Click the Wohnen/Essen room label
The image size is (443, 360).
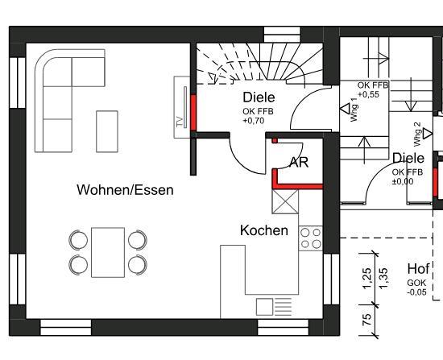pyautogui.click(x=125, y=190)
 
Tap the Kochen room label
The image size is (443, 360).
pyautogui.click(x=263, y=231)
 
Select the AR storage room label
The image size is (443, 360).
pyautogui.click(x=298, y=161)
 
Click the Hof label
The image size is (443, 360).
pyautogui.click(x=418, y=269)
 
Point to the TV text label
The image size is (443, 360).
pyautogui.click(x=179, y=122)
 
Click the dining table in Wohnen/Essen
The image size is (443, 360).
pyautogui.click(x=107, y=251)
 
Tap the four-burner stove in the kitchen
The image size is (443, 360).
pyautogui.click(x=310, y=238)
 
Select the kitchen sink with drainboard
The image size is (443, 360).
pyautogui.click(x=274, y=306)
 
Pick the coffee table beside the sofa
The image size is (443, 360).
pyautogui.click(x=106, y=131)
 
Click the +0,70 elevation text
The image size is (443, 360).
pyautogui.click(x=253, y=121)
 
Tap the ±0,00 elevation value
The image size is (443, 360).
pyautogui.click(x=402, y=181)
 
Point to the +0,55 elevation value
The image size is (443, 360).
pyautogui.click(x=368, y=94)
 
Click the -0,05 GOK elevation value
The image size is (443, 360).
pyautogui.click(x=416, y=292)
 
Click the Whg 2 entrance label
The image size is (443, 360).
pyautogui.click(x=417, y=131)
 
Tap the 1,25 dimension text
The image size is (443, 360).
pyautogui.click(x=366, y=278)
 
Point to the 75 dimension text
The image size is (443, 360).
pyautogui.click(x=366, y=320)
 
